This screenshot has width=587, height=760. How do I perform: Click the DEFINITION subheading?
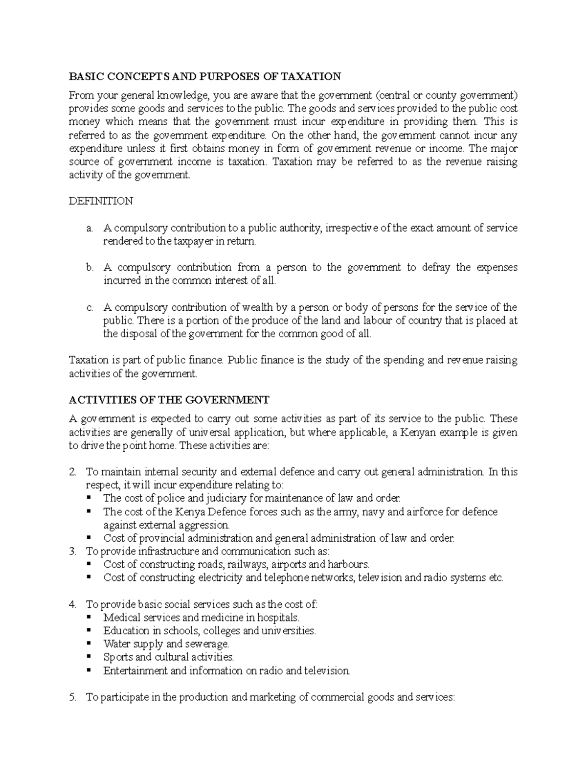[x=100, y=201]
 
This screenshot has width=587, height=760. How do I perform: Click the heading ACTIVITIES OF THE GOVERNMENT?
[x=169, y=400]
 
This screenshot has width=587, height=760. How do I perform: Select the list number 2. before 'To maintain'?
[x=73, y=472]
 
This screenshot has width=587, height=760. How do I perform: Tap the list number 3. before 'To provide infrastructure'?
[x=73, y=552]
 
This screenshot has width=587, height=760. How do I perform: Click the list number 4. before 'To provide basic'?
[x=73, y=604]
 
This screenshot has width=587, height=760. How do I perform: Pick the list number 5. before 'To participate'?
[x=73, y=697]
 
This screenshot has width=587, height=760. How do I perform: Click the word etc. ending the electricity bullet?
[x=496, y=577]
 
